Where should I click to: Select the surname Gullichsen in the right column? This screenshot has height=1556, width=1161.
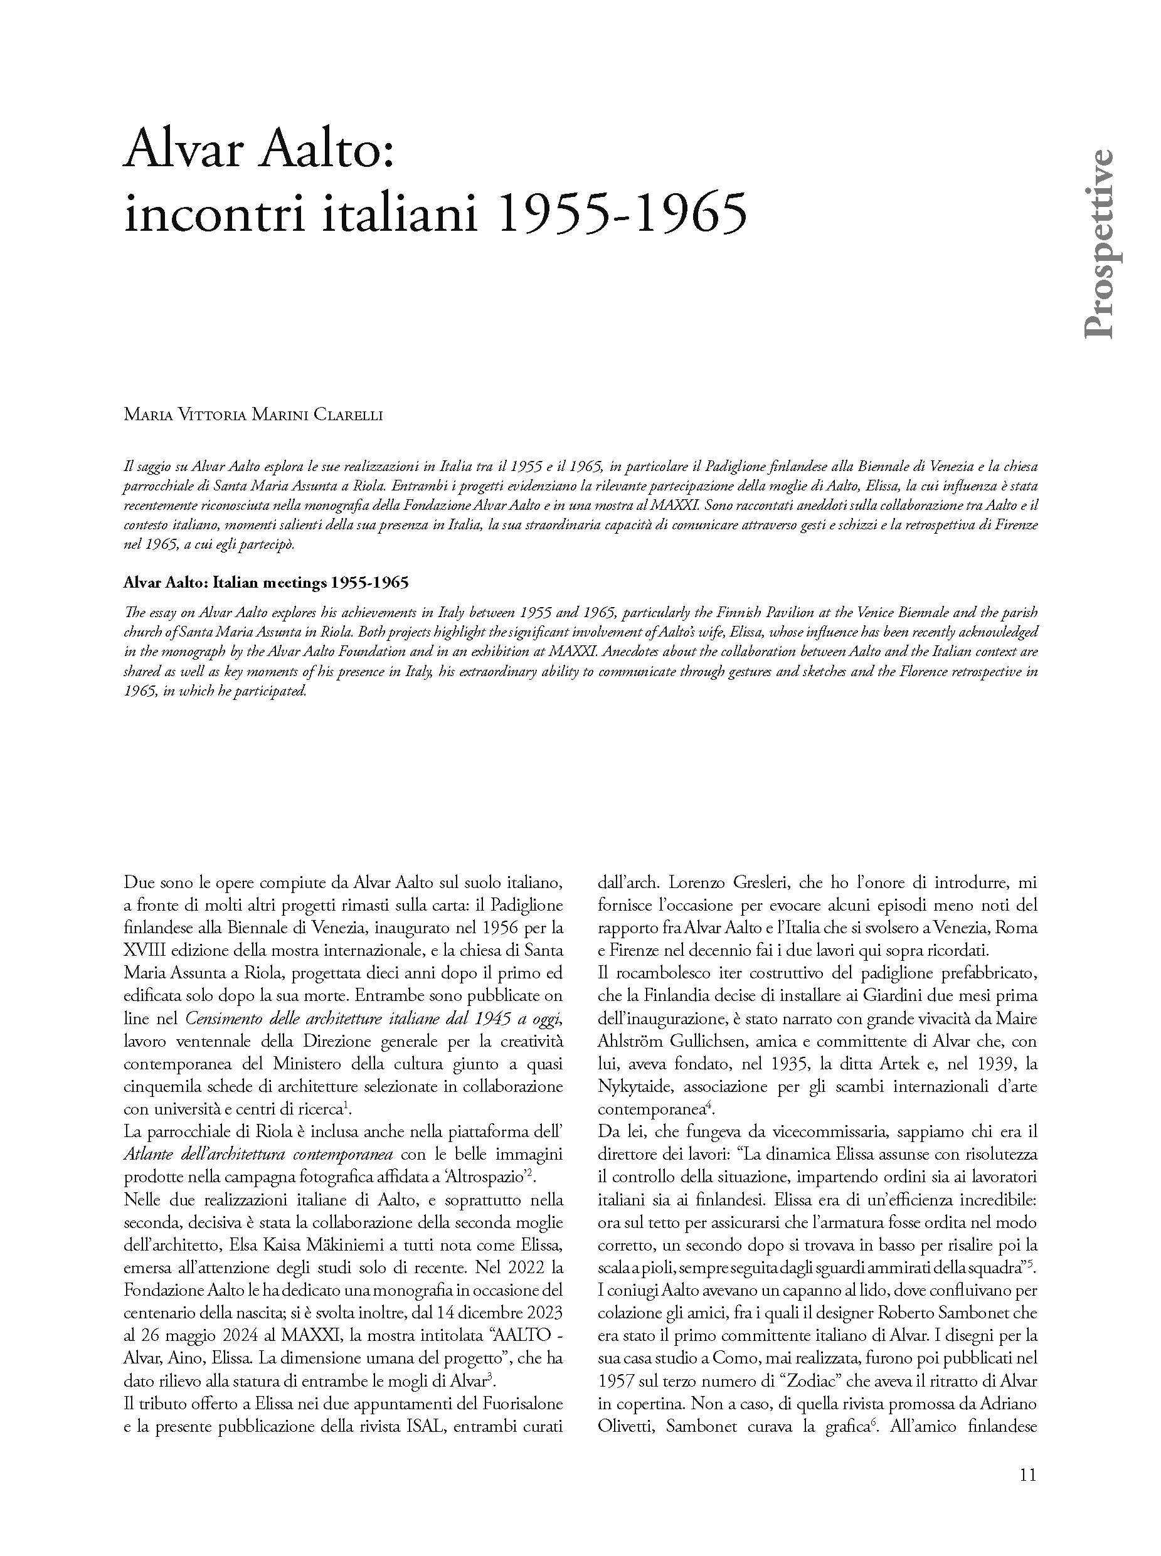click(706, 1042)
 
